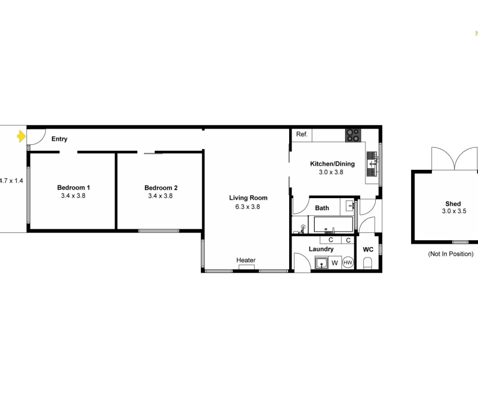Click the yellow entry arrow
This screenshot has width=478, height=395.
click(x=21, y=136)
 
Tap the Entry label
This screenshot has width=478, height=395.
click(x=59, y=139)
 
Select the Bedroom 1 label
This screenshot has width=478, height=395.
click(x=73, y=188)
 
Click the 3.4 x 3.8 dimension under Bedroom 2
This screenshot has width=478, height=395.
click(x=160, y=196)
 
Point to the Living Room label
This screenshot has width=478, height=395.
click(x=248, y=198)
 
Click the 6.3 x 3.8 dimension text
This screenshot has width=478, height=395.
click(x=248, y=207)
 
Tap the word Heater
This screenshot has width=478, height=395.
click(x=246, y=260)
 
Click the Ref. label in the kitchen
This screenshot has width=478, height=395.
click(x=301, y=135)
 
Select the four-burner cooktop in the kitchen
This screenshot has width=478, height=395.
click(x=353, y=135)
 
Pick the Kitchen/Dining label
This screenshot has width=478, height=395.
click(x=332, y=164)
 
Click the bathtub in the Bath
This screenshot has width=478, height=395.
click(x=328, y=223)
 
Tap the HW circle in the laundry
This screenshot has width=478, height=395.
click(x=348, y=262)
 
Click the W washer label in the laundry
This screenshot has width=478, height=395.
click(x=334, y=263)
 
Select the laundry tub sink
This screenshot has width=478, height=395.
click(x=322, y=263)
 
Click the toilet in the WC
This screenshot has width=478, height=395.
click(x=367, y=264)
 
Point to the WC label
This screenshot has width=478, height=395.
click(x=368, y=249)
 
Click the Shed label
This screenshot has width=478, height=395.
click(x=453, y=204)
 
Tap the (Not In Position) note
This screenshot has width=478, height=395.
click(x=450, y=254)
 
